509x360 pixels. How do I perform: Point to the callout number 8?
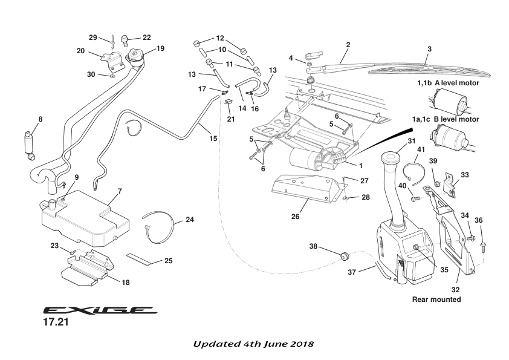(x=41, y=119)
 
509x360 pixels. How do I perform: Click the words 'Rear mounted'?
(x=436, y=299)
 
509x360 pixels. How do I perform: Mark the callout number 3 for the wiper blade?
(x=429, y=48)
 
